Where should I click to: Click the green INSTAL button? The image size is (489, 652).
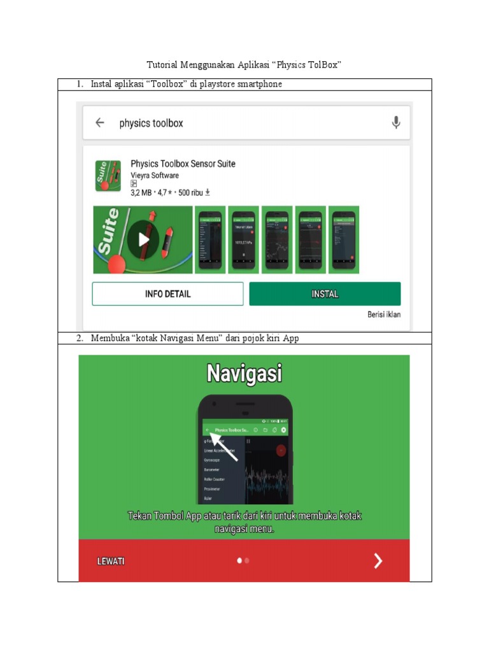click(325, 294)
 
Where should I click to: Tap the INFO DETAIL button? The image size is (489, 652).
click(167, 294)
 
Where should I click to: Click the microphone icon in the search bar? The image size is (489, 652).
click(396, 123)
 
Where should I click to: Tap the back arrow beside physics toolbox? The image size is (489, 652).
click(100, 123)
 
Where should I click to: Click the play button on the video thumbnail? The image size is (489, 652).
click(143, 239)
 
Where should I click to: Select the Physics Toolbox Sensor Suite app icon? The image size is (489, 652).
click(108, 176)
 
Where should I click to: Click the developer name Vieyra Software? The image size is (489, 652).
click(155, 176)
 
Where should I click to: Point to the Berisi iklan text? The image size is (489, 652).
click(384, 315)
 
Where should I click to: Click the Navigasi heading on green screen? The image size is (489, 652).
click(244, 373)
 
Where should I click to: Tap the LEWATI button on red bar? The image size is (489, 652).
click(111, 561)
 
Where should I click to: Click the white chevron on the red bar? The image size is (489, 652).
click(378, 560)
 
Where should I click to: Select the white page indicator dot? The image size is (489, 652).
click(239, 561)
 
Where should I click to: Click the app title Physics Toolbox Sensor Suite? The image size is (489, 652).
click(183, 164)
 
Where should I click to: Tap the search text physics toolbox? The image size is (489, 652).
click(151, 123)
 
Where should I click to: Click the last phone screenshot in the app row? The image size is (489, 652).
click(344, 240)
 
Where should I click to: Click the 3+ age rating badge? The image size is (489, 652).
click(134, 184)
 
